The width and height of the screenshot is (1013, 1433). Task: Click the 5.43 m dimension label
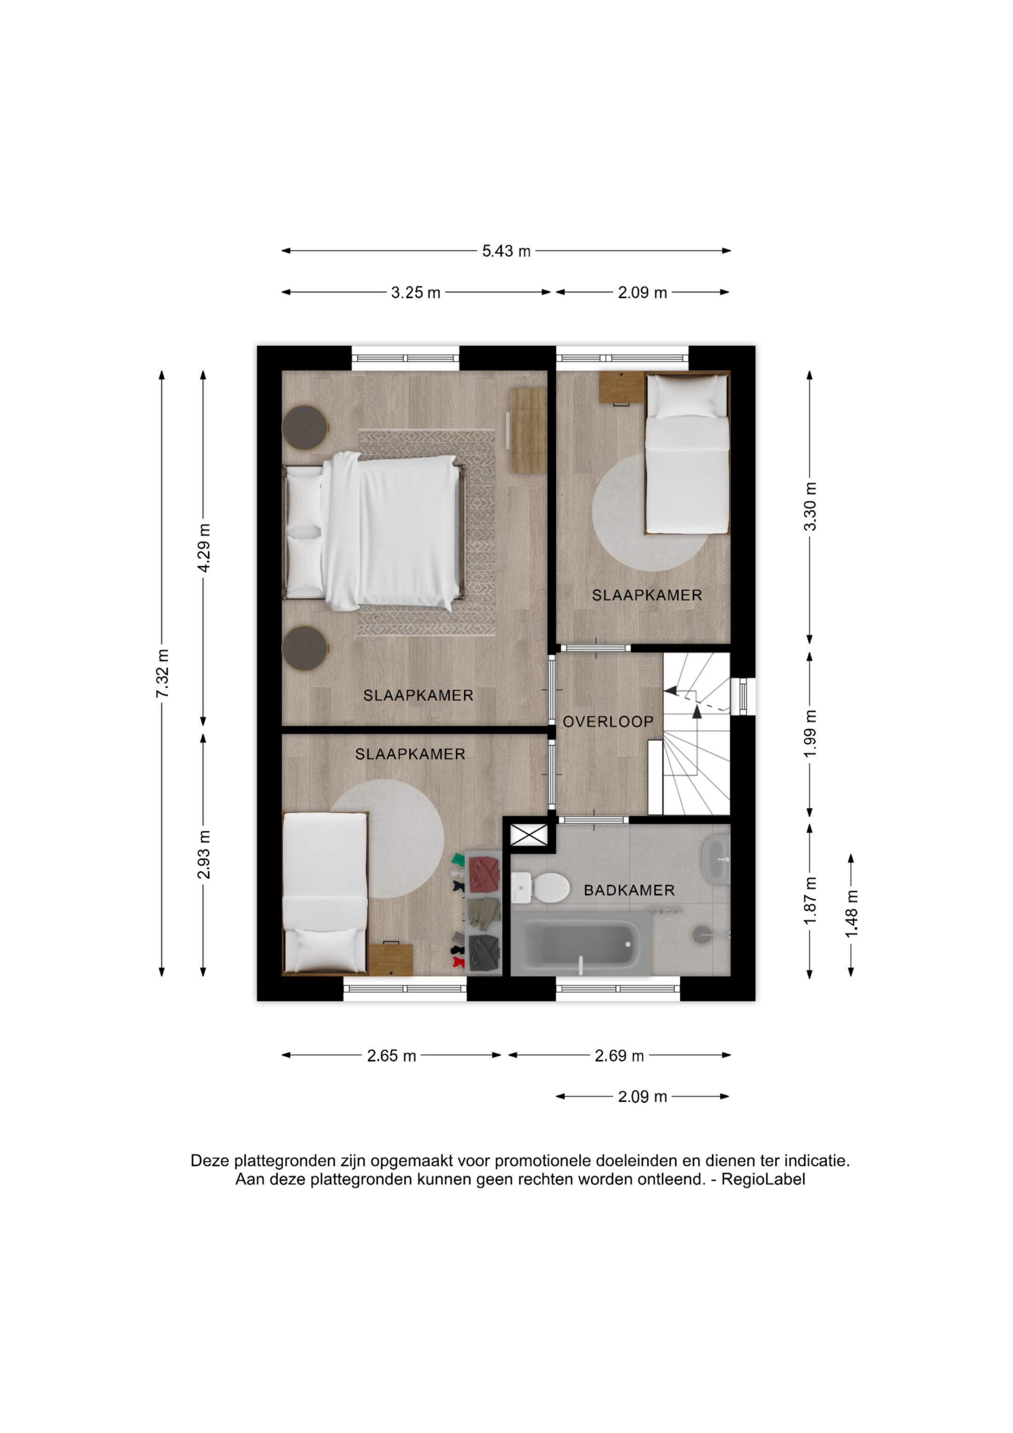(506, 251)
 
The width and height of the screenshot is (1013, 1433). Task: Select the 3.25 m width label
(416, 292)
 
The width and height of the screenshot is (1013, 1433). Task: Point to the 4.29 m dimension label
(204, 547)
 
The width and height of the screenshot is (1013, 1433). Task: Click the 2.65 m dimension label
(391, 1055)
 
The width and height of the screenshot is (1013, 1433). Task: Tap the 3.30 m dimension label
(810, 506)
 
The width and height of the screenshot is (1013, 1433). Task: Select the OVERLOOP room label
(608, 721)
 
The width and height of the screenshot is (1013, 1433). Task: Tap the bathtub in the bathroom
(581, 944)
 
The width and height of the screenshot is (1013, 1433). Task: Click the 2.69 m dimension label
(619, 1055)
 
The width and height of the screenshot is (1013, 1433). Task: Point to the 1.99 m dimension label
(810, 734)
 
